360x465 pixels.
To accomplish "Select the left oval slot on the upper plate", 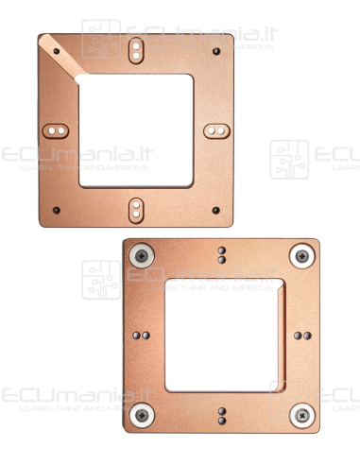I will tap(58, 128).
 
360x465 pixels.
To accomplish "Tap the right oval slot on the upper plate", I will tap(215, 128).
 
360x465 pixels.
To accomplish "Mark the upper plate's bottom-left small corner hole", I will tap(57, 209).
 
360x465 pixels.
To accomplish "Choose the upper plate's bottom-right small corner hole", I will tap(215, 209).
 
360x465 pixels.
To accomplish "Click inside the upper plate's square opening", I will tap(136, 128).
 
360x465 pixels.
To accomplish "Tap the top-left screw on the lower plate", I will tap(143, 253).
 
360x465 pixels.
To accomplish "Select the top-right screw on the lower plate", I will tap(301, 253).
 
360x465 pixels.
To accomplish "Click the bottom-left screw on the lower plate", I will tap(143, 413).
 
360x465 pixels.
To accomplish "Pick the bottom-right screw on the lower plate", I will tap(301, 413).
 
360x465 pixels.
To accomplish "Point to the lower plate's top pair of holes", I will tap(222, 255).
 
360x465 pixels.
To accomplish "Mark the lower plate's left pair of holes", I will tap(143, 335).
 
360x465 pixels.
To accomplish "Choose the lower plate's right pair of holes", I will tap(300, 335).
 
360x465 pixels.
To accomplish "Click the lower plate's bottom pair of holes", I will tap(222, 414).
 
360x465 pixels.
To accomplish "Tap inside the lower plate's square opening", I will tap(222, 335).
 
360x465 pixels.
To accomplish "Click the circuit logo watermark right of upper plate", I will tap(289, 159).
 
